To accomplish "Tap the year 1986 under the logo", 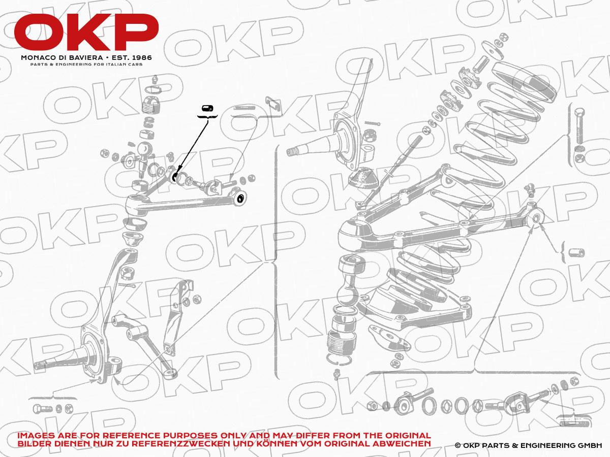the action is [142, 58].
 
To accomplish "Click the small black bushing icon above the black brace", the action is [207, 108].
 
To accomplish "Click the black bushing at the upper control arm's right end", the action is [240, 198].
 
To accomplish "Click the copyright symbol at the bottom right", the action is [457, 446].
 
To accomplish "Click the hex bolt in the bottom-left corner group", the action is [43, 408].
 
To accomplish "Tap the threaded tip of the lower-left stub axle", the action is [40, 365].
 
